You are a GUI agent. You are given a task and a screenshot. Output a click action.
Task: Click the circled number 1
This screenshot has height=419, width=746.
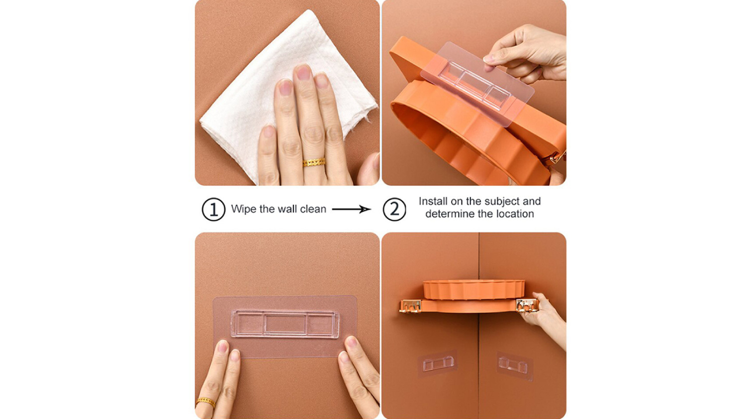click(x=213, y=209)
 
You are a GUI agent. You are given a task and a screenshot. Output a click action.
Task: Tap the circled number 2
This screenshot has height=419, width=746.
click(x=394, y=209)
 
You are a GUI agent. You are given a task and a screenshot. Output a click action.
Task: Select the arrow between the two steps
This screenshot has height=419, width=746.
click(x=351, y=209)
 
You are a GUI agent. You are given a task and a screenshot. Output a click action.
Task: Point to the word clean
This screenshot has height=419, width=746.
click(x=313, y=209)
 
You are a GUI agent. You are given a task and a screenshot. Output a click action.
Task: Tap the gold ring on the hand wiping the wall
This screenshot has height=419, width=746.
click(x=314, y=162)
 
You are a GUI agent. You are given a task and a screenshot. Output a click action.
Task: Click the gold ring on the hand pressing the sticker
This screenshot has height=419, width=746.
click(x=205, y=402)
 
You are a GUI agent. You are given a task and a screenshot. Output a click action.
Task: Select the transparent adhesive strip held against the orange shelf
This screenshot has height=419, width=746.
click(x=477, y=84)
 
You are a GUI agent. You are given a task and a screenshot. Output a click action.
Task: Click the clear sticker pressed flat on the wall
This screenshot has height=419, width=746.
click(x=285, y=326)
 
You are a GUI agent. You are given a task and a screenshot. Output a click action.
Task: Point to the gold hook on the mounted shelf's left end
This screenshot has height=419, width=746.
click(x=410, y=306)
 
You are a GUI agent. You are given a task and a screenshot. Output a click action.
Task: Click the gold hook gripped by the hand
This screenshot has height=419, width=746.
click(x=527, y=305)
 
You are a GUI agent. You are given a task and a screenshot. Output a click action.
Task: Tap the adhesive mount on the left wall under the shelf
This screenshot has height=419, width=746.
click(x=438, y=364)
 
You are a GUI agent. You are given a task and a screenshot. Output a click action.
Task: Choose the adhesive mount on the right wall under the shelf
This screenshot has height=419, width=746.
click(x=515, y=366)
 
